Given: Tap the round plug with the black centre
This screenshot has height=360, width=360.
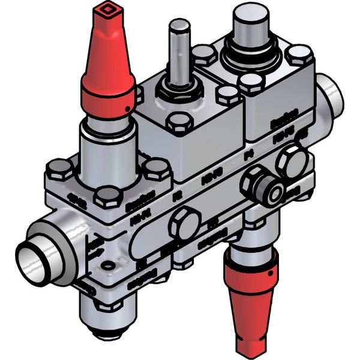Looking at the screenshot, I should [x=275, y=193].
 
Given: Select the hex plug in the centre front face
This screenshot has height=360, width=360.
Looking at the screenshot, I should [x=184, y=223].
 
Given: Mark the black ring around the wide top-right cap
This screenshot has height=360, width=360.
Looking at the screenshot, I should [x=251, y=57].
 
